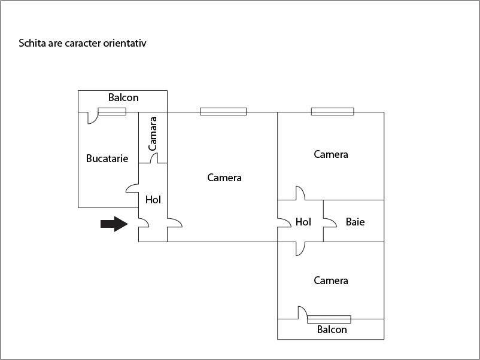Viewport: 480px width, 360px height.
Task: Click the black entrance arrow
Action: coord(114,224)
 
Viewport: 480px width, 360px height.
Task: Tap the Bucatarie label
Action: coord(107,158)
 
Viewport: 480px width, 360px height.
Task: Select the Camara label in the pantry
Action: coord(153,133)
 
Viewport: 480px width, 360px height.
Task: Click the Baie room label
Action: coord(355,222)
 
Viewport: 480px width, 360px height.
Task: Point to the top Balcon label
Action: coord(123,97)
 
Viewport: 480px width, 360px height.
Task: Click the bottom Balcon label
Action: coord(332,330)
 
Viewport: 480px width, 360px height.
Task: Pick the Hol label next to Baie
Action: coord(303,222)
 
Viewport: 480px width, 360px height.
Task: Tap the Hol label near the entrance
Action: coord(153,200)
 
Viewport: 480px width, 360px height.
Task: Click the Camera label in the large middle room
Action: coord(224,178)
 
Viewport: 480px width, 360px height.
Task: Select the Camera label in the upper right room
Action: coord(331,154)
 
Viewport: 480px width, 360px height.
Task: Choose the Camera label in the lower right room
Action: coord(331,280)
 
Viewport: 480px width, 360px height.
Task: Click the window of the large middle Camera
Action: coord(223,111)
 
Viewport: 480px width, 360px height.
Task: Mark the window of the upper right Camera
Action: coord(332,111)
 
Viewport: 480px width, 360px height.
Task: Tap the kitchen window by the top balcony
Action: coord(112,111)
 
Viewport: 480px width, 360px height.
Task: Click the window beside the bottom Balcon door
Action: coord(329,319)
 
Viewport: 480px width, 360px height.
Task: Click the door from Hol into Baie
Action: coord(329,222)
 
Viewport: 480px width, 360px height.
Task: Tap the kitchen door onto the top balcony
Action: coord(93,117)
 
